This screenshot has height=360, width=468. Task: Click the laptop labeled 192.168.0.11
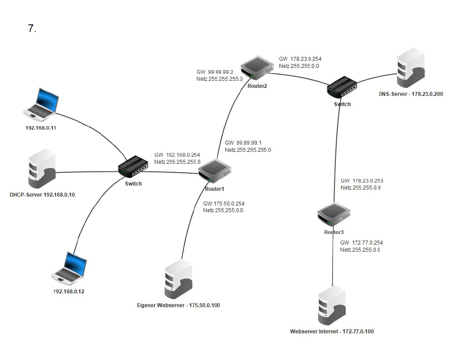click(43, 105)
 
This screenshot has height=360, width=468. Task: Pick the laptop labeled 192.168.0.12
click(70, 268)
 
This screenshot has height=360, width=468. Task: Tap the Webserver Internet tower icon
click(331, 307)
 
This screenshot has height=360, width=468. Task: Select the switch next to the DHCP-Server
click(133, 167)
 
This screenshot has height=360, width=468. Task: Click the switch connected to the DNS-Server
click(342, 88)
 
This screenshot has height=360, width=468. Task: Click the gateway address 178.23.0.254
click(306, 59)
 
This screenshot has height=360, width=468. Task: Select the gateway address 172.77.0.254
click(367, 243)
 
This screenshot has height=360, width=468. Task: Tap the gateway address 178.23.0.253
click(367, 181)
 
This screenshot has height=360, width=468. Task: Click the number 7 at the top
click(32, 29)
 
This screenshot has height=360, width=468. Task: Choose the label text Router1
click(214, 189)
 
